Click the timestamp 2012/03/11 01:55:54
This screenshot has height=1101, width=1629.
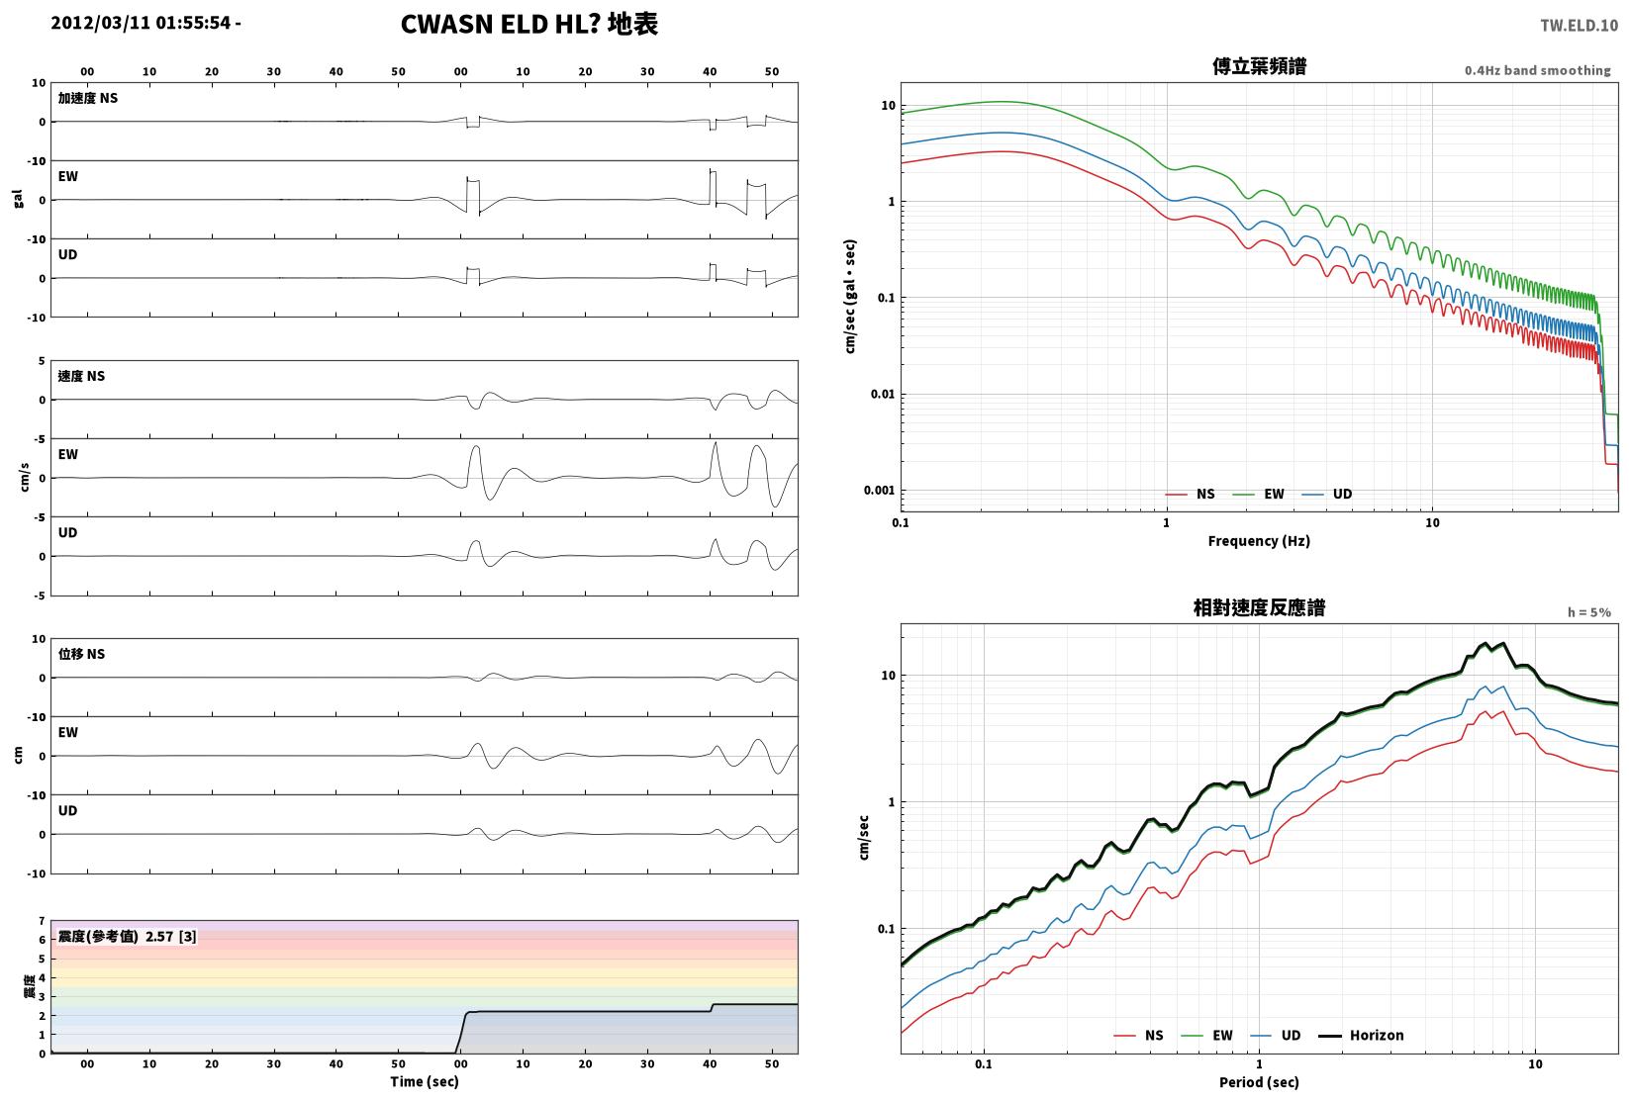(x=141, y=23)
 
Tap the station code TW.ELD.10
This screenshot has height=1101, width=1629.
(x=1579, y=26)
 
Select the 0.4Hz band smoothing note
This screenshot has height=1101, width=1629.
(x=1537, y=70)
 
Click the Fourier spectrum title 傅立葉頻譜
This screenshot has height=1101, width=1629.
(x=1259, y=66)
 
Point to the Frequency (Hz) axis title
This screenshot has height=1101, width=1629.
(x=1259, y=541)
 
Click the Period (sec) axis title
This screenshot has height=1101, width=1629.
(x=1259, y=1082)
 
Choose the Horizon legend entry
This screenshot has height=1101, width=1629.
(x=1361, y=1035)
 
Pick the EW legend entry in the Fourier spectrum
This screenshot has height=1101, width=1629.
(x=1259, y=495)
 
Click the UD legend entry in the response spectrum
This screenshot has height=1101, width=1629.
(x=1276, y=1035)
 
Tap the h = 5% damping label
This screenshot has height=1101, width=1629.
(x=1589, y=612)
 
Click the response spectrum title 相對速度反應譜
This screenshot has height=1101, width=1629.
(x=1259, y=607)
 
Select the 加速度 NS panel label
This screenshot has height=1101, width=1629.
(x=88, y=98)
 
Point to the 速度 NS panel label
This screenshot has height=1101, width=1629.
(x=81, y=376)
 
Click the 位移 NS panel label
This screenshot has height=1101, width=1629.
(x=81, y=654)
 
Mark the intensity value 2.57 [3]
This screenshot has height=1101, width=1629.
(x=171, y=936)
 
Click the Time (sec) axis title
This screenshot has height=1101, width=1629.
(x=425, y=1081)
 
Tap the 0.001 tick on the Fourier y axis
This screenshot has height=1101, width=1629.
(x=879, y=490)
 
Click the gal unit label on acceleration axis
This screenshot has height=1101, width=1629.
(x=18, y=199)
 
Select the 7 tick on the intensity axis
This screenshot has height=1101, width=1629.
(x=43, y=921)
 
